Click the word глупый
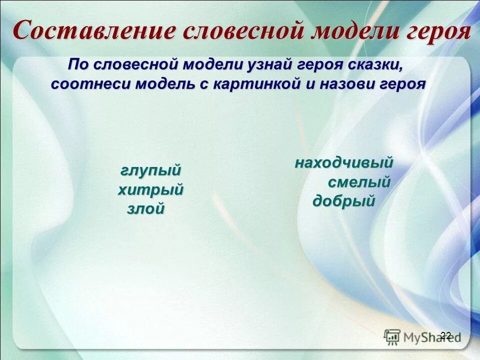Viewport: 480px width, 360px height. pos(150,170)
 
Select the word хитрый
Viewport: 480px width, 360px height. pos(150,190)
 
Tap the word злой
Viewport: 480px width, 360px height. pos(145,209)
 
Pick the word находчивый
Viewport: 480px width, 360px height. pos(344,163)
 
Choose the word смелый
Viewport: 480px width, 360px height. pos(359,182)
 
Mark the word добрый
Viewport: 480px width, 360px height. pos(344,201)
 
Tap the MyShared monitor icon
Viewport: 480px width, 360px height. pos(392,336)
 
